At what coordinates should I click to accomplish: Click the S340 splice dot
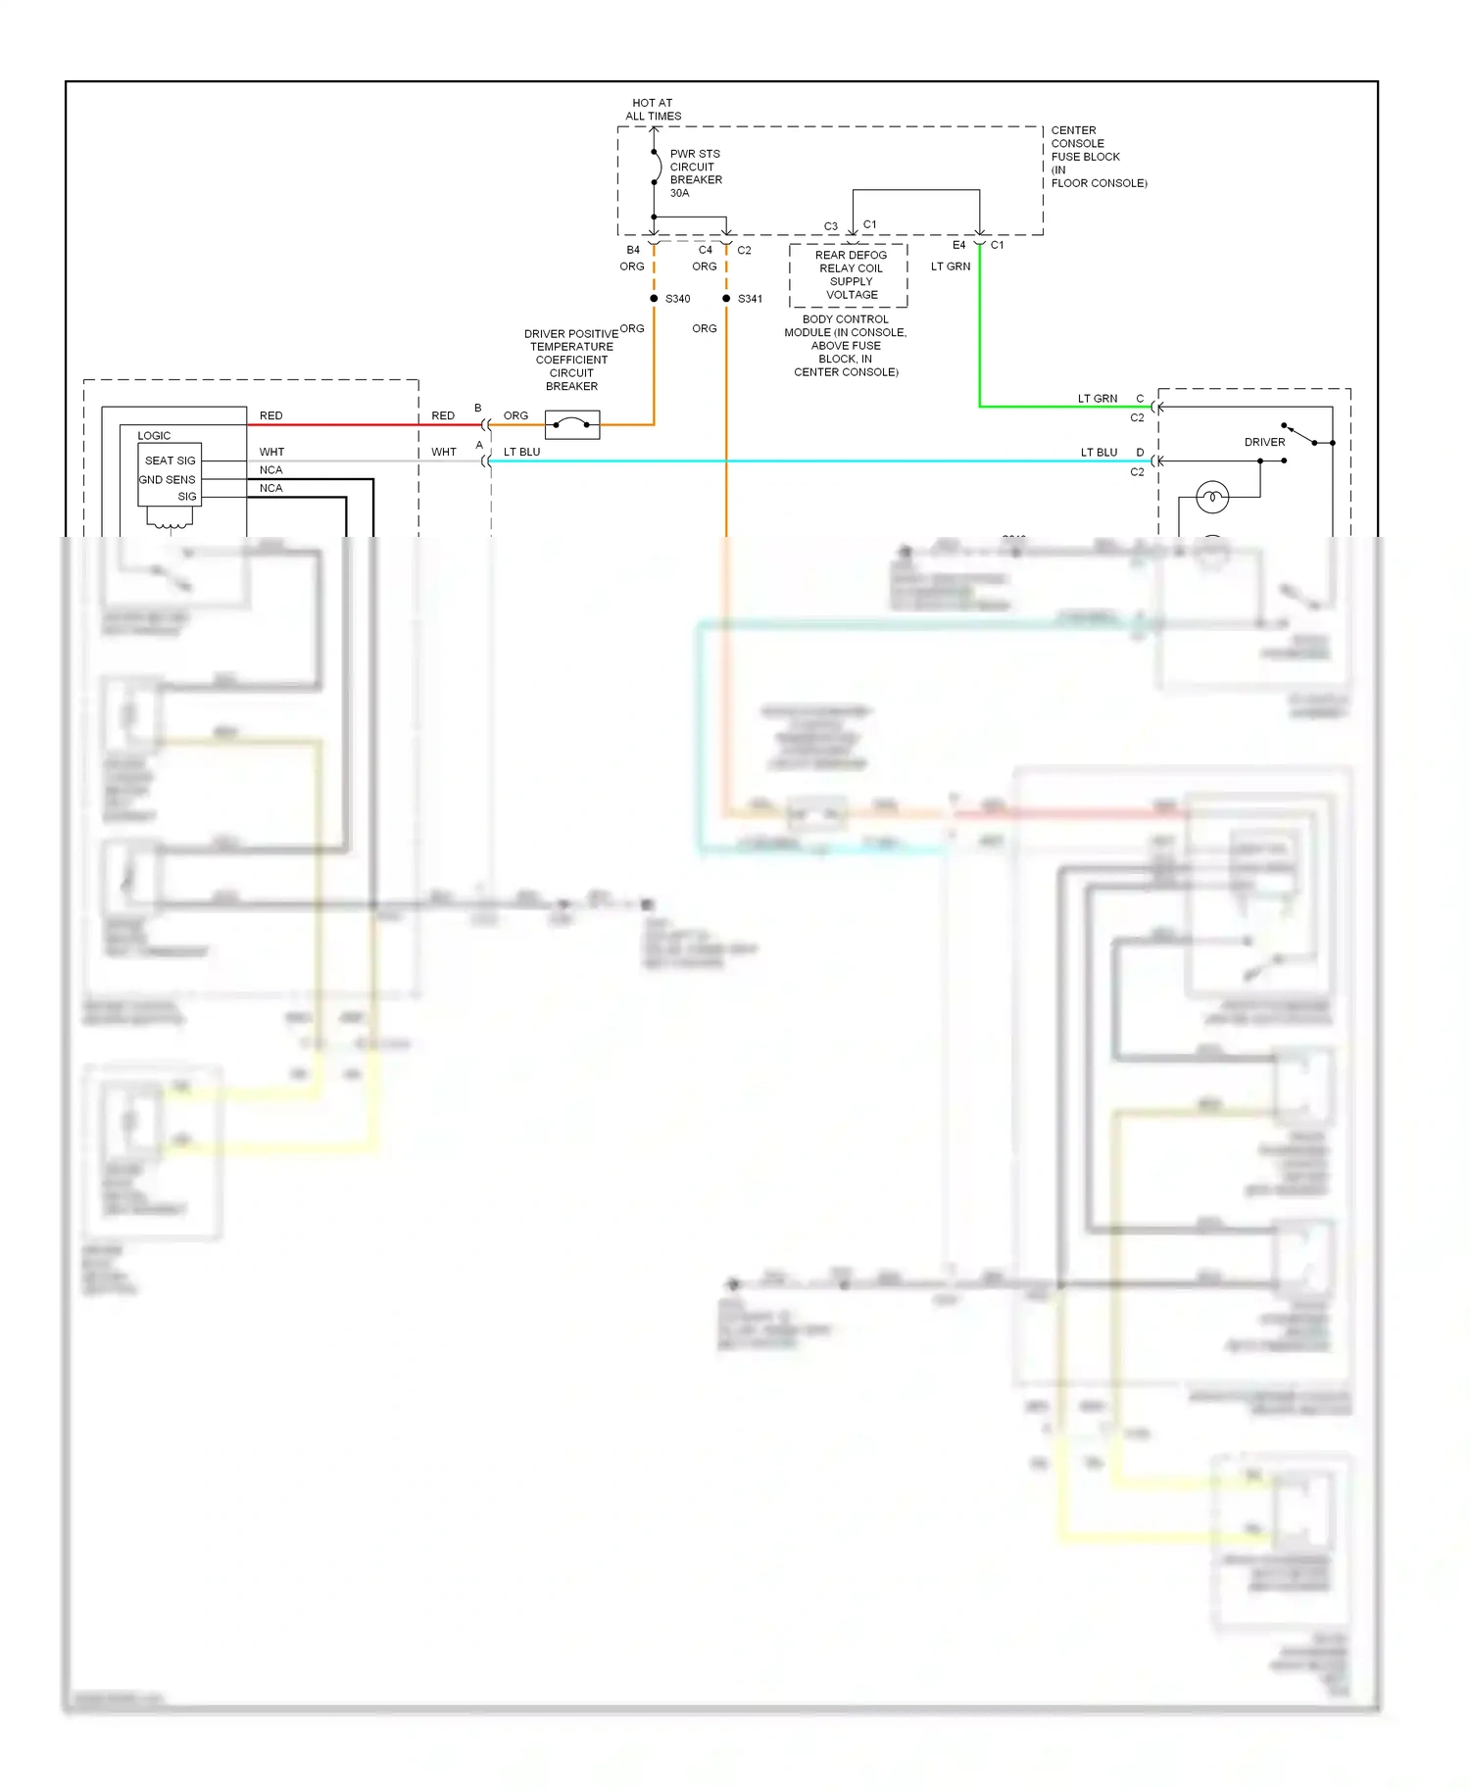(654, 298)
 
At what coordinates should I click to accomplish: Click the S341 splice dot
(726, 298)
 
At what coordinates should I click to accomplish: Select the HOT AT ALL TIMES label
(654, 109)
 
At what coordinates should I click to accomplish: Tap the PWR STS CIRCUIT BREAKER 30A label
(696, 173)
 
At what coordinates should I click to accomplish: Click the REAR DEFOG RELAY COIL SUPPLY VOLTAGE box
(850, 274)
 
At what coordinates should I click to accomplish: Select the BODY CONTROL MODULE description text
(846, 345)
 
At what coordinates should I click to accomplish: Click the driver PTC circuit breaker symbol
(572, 424)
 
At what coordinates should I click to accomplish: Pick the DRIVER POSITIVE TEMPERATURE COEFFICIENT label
(570, 360)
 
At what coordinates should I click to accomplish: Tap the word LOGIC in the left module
(154, 435)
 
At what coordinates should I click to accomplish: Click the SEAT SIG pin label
(171, 460)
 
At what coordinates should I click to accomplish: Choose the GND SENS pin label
(168, 479)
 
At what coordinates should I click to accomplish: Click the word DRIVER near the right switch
(1264, 442)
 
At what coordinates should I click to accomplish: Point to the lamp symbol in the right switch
(1212, 498)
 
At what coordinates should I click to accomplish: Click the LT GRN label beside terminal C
(1098, 399)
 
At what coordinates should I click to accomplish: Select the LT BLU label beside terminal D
(1099, 453)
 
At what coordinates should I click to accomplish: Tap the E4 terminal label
(958, 245)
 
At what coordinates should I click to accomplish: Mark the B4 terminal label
(633, 250)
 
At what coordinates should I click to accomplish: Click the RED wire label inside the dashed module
(271, 415)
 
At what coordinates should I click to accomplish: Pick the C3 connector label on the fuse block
(831, 226)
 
